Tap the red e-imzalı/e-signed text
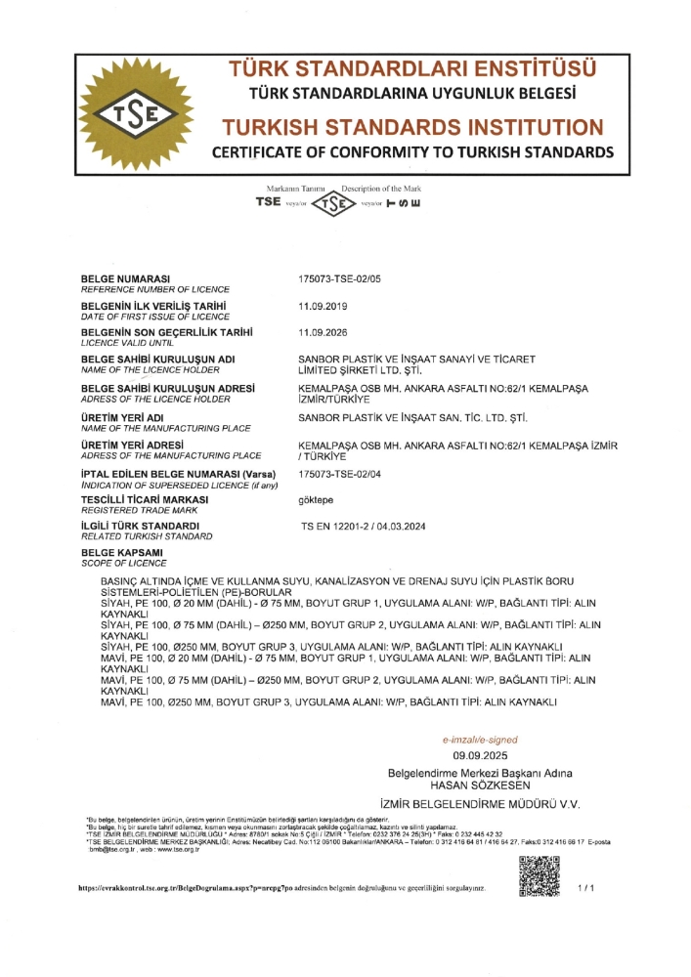point(480,740)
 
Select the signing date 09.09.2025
point(480,756)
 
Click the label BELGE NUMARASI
point(126,279)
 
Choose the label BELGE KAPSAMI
point(122,553)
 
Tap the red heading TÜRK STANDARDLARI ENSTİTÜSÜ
point(411,70)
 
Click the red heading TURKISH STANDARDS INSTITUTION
point(411,127)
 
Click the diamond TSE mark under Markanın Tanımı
point(335,204)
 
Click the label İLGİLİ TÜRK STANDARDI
point(141,527)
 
